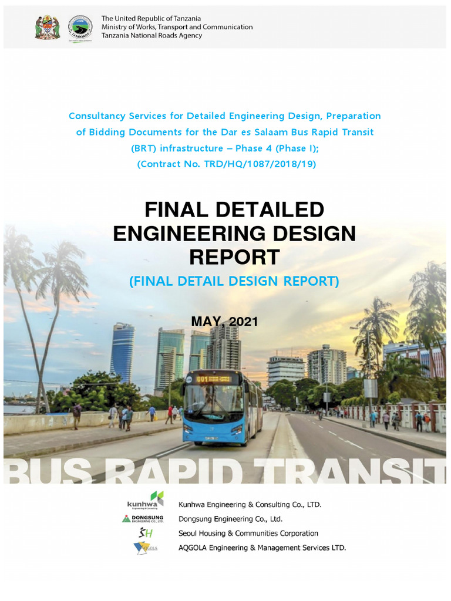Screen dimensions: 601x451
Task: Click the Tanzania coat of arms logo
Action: pos(47,27)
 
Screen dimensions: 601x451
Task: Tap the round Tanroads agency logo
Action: pos(79,27)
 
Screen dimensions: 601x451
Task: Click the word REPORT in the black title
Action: pos(234,256)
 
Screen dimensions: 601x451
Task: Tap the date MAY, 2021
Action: pos(225,321)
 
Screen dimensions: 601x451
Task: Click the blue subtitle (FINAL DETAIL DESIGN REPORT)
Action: pos(234,282)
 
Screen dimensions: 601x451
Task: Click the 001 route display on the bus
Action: pos(203,379)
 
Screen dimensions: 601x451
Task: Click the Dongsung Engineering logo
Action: pos(143,519)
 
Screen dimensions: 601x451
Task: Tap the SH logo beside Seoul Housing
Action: pos(143,533)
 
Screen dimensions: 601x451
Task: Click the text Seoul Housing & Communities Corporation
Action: pos(248,534)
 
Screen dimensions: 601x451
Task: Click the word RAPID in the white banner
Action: pos(194,472)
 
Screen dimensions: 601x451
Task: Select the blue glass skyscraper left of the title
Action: pos(122,352)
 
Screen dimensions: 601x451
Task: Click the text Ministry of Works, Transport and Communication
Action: pos(177,27)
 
